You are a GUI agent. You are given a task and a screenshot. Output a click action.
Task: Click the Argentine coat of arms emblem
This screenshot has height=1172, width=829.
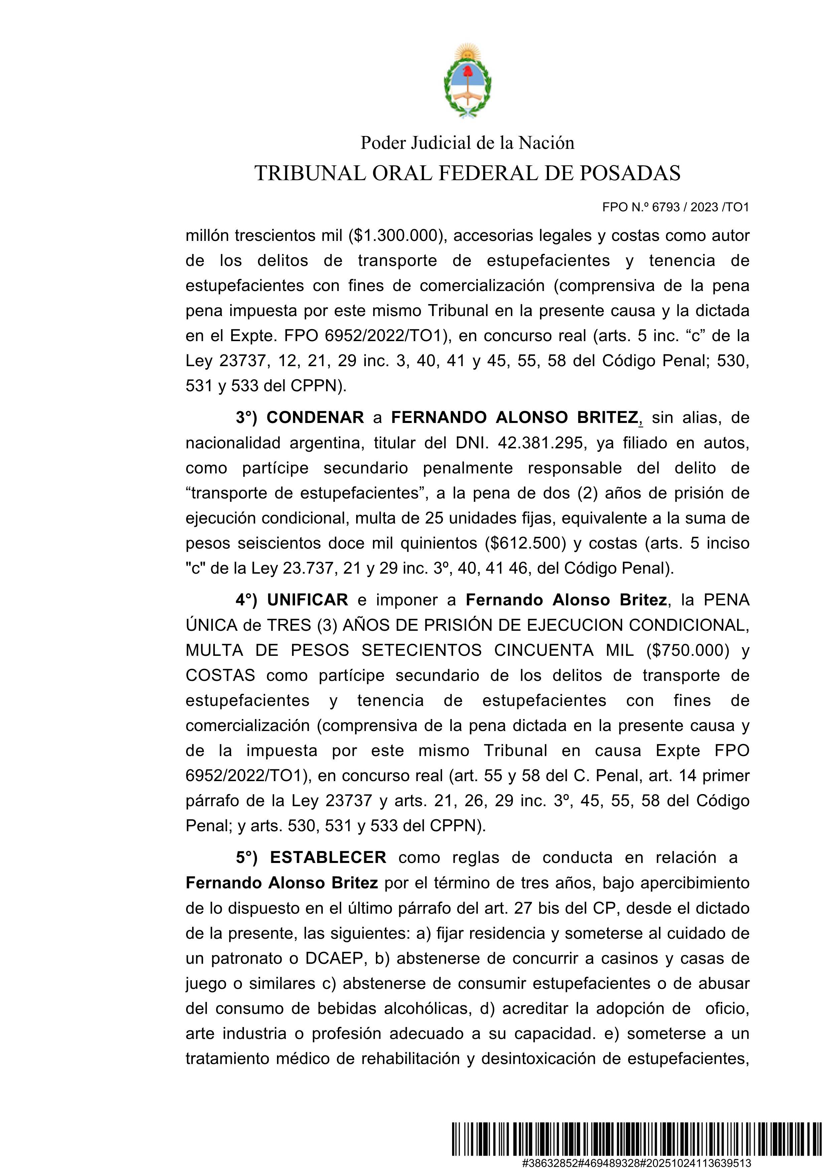pos(467,82)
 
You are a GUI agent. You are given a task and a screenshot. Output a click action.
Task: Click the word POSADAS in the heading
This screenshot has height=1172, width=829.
pos(630,173)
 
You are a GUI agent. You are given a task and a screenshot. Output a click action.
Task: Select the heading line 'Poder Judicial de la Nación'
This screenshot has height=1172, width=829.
pos(467,143)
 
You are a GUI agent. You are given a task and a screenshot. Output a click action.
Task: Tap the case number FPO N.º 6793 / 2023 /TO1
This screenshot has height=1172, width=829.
pos(675,207)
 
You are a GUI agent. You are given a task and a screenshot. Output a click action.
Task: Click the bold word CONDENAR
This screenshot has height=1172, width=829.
pos(315,418)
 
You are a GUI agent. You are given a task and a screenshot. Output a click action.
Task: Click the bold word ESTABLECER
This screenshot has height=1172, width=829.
pos(328,858)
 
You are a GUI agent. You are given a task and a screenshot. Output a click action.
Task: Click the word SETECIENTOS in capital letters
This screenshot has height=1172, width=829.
pos(422,650)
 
